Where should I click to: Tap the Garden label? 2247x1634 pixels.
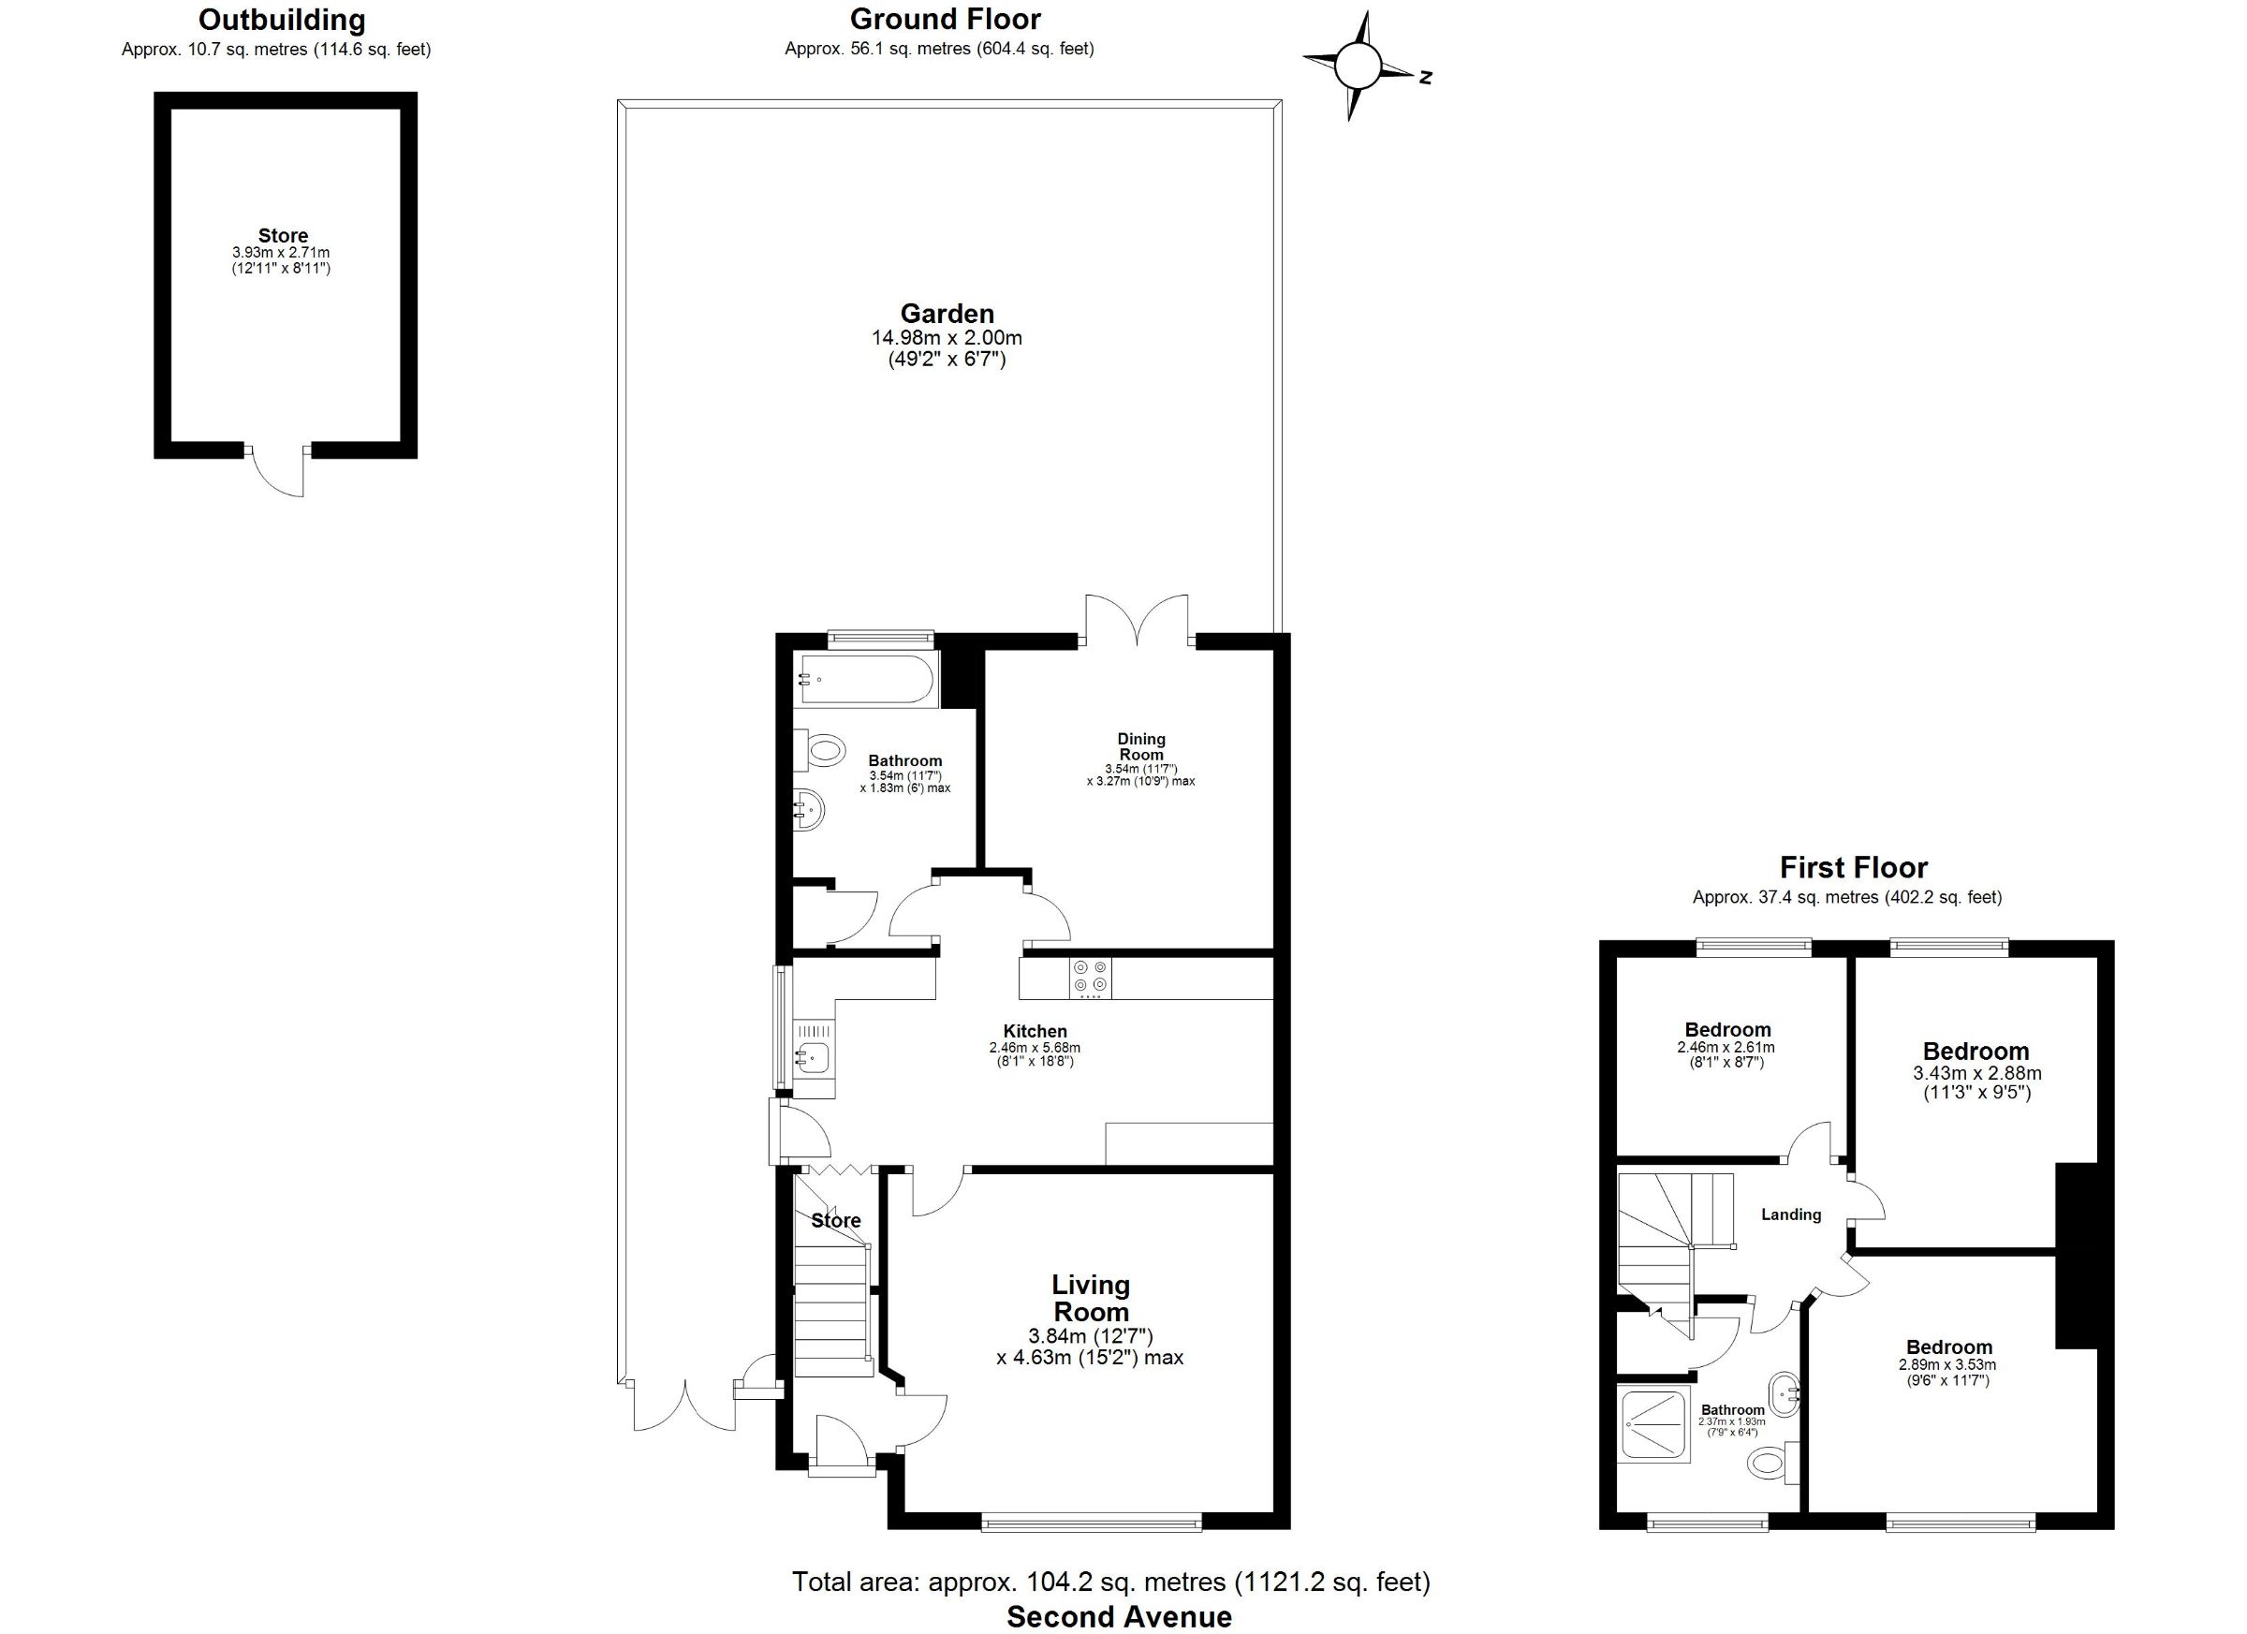pyautogui.click(x=947, y=314)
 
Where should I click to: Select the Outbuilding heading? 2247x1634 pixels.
pyautogui.click(x=282, y=20)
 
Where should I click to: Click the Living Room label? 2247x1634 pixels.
pyautogui.click(x=1091, y=1298)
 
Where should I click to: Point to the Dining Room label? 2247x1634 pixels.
pyautogui.click(x=1141, y=746)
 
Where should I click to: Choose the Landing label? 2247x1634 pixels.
pyautogui.click(x=1791, y=1214)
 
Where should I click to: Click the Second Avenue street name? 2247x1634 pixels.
pyautogui.click(x=1120, y=1617)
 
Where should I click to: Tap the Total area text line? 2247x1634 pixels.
pyautogui.click(x=1110, y=1582)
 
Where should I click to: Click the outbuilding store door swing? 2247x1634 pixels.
pyautogui.click(x=278, y=472)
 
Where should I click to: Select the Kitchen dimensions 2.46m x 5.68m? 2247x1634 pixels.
pyautogui.click(x=1035, y=1048)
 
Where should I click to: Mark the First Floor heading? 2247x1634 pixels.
pyautogui.click(x=1854, y=868)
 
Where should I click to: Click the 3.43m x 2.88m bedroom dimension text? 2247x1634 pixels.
pyautogui.click(x=1976, y=1073)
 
